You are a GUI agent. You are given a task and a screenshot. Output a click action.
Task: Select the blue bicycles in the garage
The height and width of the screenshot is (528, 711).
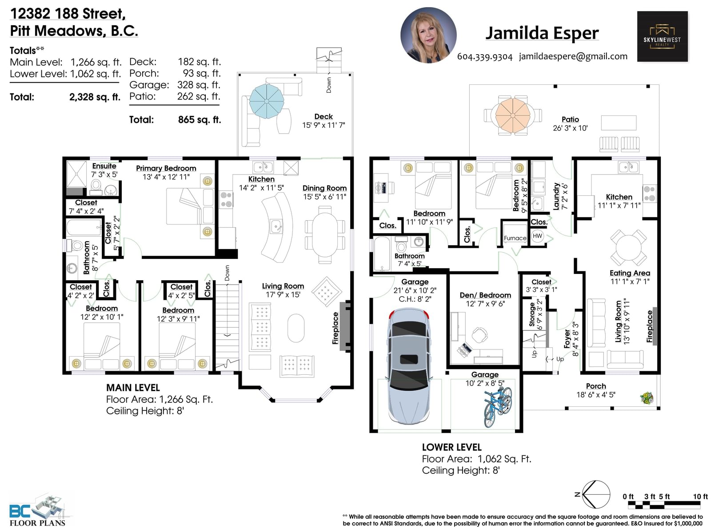(x=498, y=406)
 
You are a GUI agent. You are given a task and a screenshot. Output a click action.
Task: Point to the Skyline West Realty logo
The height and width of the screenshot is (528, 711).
(x=662, y=36)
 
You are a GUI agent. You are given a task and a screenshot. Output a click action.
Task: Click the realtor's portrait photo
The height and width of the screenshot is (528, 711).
(x=428, y=35)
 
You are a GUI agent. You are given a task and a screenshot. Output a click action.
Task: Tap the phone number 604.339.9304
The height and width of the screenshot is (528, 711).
(x=484, y=57)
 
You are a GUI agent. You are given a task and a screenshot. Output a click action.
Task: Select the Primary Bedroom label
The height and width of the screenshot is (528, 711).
(x=166, y=168)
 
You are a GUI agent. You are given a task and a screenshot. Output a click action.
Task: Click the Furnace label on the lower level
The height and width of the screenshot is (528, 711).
(x=515, y=238)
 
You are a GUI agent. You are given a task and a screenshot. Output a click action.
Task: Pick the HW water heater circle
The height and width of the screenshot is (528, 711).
(x=537, y=236)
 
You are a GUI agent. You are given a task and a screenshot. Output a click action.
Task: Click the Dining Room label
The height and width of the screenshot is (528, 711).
(x=324, y=188)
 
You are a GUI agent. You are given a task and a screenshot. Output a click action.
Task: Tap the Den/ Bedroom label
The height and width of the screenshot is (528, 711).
(x=485, y=295)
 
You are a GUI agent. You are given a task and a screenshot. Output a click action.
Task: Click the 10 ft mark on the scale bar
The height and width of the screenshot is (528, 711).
(x=700, y=496)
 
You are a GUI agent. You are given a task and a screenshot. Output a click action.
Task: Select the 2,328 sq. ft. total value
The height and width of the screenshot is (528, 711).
(x=95, y=97)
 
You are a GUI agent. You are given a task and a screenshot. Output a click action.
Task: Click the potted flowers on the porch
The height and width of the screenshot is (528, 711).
(x=647, y=397)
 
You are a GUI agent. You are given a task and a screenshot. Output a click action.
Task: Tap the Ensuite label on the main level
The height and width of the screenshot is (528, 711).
(x=104, y=166)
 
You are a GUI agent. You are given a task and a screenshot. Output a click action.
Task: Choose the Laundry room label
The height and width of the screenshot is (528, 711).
(x=556, y=196)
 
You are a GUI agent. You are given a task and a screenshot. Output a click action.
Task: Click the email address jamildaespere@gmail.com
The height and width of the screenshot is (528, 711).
(x=573, y=56)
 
